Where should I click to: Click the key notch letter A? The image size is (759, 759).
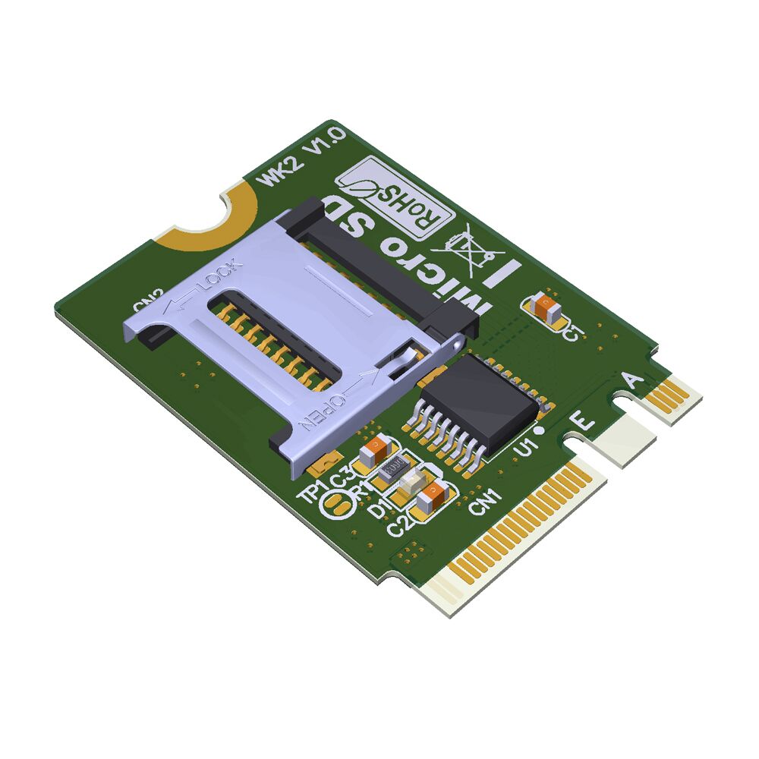click(632, 380)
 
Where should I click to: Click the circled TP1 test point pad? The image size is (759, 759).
click(335, 504)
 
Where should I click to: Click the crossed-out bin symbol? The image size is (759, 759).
click(465, 248)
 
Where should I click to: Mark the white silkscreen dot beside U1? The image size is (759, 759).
click(538, 430)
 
